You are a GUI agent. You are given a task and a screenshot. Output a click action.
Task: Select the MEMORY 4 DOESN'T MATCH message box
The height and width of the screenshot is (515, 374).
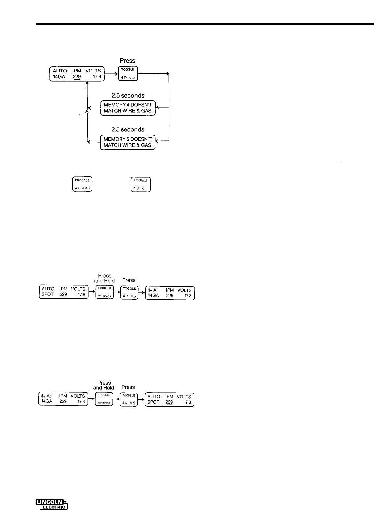(128, 108)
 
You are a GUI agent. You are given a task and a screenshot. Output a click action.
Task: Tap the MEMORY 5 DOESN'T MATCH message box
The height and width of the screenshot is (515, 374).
(128, 142)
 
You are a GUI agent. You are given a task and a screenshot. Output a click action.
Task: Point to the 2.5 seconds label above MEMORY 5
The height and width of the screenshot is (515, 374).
(128, 130)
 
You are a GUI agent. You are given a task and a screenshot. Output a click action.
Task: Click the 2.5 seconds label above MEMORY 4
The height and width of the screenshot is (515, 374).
(128, 96)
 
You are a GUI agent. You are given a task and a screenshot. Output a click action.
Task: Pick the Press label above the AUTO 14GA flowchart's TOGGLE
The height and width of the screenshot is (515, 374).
(127, 61)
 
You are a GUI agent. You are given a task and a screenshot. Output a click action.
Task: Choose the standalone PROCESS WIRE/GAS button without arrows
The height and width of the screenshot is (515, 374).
(82, 184)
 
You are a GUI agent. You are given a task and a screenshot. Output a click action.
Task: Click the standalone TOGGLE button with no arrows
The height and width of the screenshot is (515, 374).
(141, 184)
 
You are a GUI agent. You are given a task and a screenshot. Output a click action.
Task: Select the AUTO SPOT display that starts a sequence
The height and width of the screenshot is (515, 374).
(64, 292)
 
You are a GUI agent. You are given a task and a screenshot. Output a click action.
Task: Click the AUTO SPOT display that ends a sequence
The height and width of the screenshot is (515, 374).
(169, 399)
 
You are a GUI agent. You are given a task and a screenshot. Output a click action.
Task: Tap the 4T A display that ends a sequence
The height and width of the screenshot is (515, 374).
(170, 293)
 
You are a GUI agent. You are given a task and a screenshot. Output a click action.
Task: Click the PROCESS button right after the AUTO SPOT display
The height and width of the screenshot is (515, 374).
(105, 292)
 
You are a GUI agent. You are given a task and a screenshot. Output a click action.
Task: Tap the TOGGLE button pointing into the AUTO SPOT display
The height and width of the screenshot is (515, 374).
(129, 399)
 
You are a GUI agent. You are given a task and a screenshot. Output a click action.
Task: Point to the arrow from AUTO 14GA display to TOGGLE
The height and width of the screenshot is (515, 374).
(112, 74)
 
